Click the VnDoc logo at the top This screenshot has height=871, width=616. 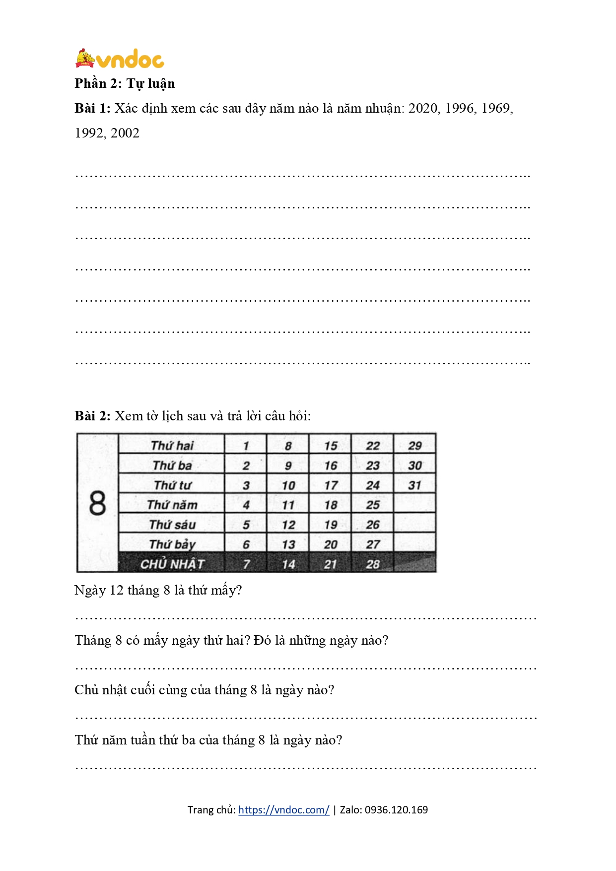120,59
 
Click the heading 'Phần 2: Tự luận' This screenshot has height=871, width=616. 125,83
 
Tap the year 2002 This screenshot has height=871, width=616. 125,133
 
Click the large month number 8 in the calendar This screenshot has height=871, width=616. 97,503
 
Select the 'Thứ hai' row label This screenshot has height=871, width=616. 172,445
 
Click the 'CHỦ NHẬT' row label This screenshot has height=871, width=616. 172,564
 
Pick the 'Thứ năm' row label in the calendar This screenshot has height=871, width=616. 172,505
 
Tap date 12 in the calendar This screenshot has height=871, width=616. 288,525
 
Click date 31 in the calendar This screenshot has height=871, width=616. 414,485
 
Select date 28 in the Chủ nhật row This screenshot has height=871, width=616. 373,564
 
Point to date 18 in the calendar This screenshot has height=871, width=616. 331,505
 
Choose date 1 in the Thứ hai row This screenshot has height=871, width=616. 246,446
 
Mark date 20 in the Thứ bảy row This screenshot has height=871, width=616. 331,544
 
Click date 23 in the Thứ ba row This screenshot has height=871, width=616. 373,466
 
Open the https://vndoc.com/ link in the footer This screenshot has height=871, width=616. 283,810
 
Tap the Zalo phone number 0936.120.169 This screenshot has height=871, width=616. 396,810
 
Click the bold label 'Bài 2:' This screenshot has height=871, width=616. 92,416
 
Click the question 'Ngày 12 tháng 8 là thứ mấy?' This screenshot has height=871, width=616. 158,590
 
